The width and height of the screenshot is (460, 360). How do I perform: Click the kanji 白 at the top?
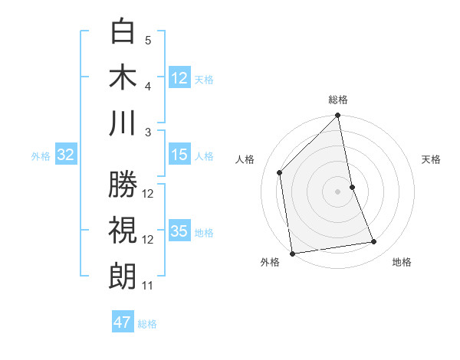pos(123,33)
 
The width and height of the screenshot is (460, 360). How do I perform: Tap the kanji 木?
pos(123,77)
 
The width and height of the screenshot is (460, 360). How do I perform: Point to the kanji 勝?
pos(123,186)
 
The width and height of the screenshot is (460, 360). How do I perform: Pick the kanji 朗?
pos(123,277)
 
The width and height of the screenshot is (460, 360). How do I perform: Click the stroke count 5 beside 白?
pos(148,40)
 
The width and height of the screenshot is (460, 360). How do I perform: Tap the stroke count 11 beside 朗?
pos(148,286)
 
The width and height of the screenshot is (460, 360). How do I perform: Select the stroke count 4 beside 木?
pos(148,86)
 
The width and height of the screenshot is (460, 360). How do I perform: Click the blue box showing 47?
pos(123,322)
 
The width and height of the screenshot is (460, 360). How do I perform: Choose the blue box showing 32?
pos(66,155)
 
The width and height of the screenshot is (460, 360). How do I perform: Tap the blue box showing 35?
pos(179,232)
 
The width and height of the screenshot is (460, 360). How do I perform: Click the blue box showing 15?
pos(179,155)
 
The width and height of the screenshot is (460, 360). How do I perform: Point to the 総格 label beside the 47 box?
pos(147,324)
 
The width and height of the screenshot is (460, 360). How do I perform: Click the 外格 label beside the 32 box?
pos(41,156)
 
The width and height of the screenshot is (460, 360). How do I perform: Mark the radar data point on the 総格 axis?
pos(337,116)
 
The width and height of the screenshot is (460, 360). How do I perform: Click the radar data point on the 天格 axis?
pos(352,187)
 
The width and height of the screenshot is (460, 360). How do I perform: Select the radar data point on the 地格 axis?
pos(374,242)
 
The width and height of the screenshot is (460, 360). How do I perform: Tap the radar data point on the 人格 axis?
pos(280,172)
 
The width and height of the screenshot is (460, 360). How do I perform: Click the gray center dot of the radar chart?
pos(337,191)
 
